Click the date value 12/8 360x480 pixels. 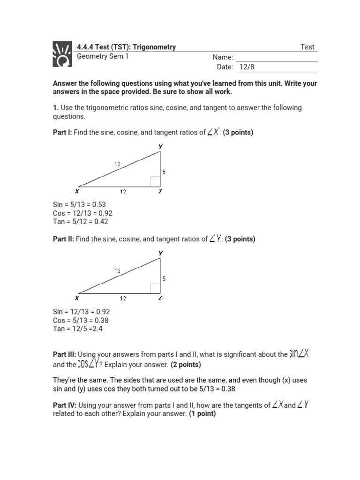247,67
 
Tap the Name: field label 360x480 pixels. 223,57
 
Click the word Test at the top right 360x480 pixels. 307,47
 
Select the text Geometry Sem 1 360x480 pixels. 102,56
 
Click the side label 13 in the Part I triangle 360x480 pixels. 117,164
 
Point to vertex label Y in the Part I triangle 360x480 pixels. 161,147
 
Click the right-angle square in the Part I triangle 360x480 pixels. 155,182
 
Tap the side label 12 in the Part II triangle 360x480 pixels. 122,298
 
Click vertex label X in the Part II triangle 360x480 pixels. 76,298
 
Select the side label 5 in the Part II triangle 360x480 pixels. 164,278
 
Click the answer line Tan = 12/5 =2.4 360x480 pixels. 77,329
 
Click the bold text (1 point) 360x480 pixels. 202,414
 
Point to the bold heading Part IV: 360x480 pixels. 64,405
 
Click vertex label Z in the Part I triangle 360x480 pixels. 160,191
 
